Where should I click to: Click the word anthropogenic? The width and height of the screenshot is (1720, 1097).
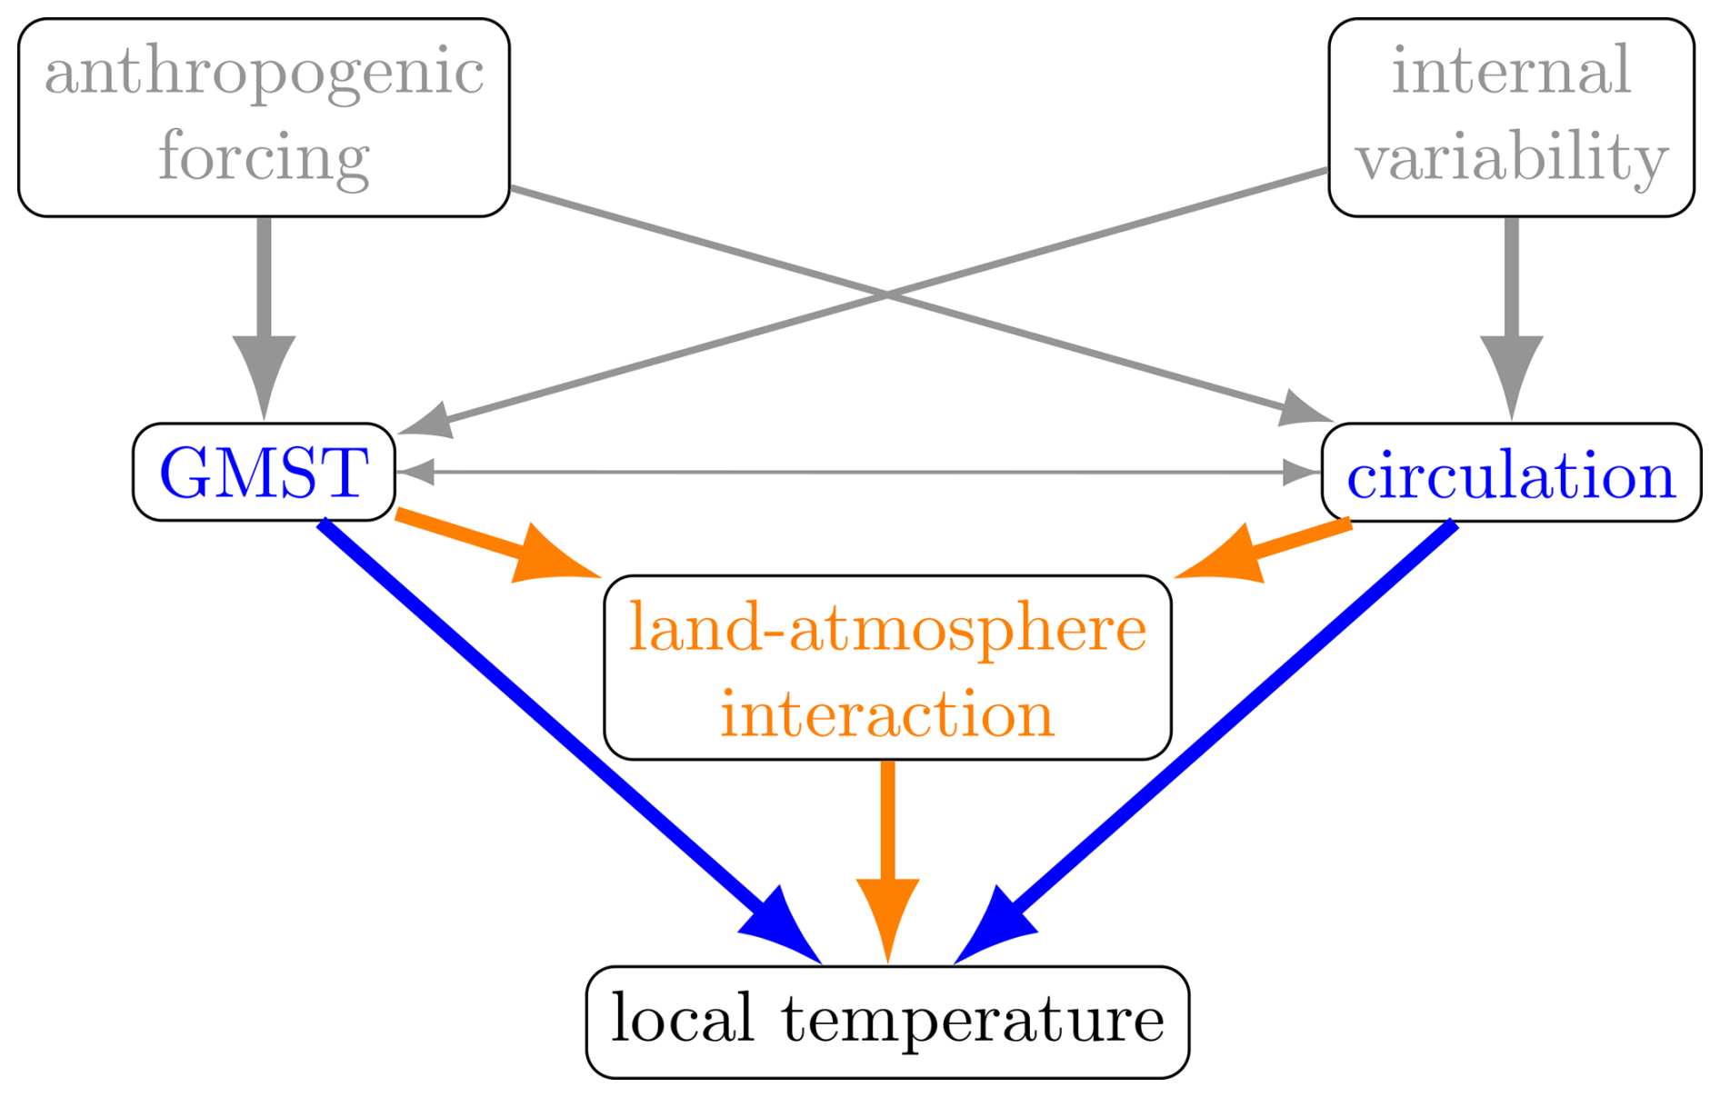tap(264, 73)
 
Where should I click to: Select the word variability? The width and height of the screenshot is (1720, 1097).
tap(1511, 157)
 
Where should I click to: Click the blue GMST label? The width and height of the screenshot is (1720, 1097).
tap(264, 473)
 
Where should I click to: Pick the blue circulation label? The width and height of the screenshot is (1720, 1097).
tap(1511, 475)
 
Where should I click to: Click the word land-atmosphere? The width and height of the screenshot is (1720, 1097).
tap(887, 627)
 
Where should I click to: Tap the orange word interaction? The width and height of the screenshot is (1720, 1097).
tap(887, 713)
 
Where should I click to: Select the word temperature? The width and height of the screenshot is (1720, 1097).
tap(973, 1020)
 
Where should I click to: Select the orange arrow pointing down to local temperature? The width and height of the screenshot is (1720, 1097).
tap(888, 845)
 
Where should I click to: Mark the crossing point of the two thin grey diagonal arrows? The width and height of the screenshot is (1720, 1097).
tap(887, 294)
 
